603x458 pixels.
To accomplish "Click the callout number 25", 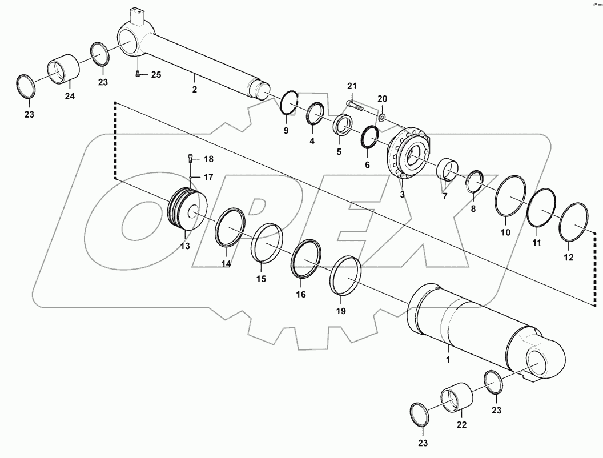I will coord(156,75).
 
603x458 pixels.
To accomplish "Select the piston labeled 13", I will coord(187,210).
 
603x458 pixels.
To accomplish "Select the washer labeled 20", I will coord(381,117).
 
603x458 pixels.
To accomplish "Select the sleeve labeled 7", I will coord(449,170).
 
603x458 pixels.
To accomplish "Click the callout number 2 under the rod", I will coord(195,90).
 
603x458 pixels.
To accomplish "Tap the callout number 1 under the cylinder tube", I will coord(448,360).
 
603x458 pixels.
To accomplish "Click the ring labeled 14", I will coord(230,228).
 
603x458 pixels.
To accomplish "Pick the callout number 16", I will coord(301,294).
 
